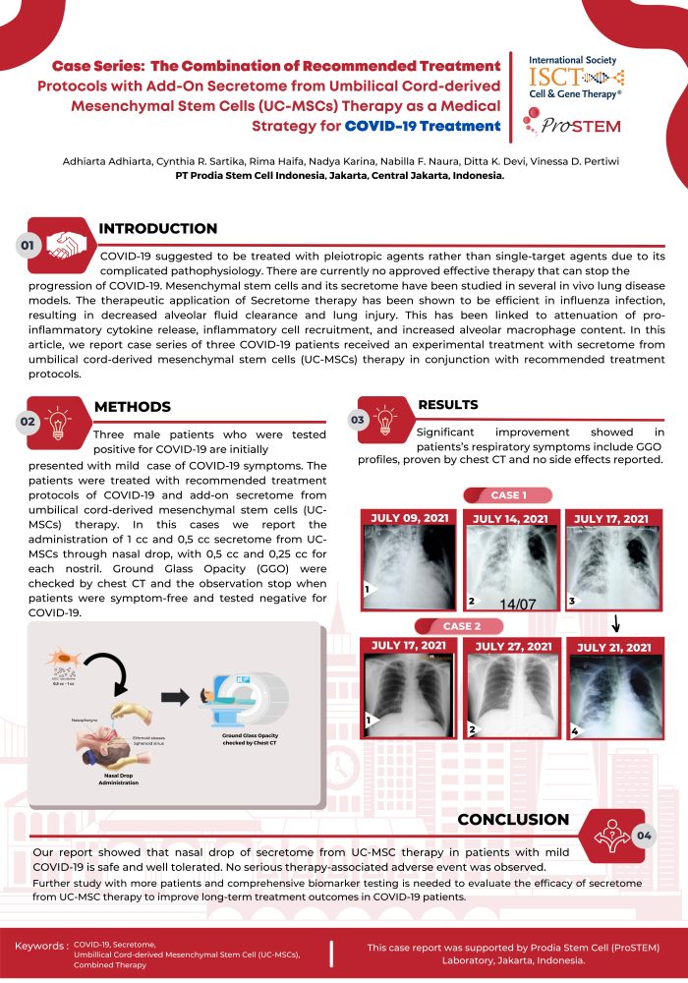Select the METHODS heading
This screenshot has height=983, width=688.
132,406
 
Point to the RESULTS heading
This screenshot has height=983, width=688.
449,404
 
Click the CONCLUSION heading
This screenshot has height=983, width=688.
514,819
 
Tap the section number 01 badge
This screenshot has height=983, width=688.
29,244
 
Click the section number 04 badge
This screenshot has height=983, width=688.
644,835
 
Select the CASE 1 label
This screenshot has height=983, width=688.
509,494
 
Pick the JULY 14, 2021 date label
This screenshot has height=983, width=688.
511,518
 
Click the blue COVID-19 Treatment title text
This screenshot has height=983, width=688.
423,126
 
